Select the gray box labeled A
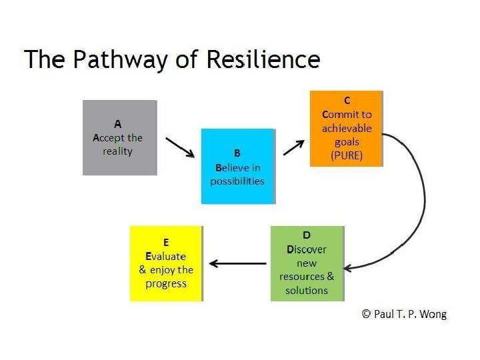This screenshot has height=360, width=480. (119, 137)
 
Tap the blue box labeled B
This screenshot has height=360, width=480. (237, 166)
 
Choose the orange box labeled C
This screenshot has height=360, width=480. (347, 129)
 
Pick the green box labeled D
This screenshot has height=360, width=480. (307, 263)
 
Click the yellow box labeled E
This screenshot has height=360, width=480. (166, 263)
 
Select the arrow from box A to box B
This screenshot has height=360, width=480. (179, 147)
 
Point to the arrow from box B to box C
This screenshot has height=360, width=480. (294, 145)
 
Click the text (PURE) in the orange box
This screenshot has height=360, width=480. (347, 155)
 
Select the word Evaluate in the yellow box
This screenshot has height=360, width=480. (166, 257)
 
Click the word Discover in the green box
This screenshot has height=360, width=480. (307, 249)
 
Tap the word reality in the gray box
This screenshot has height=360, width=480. (118, 151)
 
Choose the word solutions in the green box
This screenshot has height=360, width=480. (307, 290)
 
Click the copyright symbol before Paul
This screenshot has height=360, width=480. (366, 313)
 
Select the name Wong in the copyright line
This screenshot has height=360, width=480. (434, 313)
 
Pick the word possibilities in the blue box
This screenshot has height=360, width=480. (237, 181)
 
